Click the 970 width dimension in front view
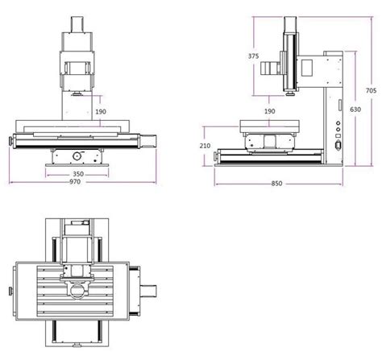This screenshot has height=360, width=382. pyautogui.click(x=78, y=182)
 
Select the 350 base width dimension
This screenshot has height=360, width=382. pyautogui.click(x=78, y=173)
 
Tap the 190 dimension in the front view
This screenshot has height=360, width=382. pyautogui.click(x=100, y=112)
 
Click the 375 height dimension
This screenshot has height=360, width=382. pyautogui.click(x=253, y=56)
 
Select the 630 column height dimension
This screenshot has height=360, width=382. pyautogui.click(x=356, y=108)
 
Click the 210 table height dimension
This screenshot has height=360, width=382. pyautogui.click(x=204, y=146)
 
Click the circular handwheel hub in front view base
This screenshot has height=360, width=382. pyautogui.click(x=78, y=154)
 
